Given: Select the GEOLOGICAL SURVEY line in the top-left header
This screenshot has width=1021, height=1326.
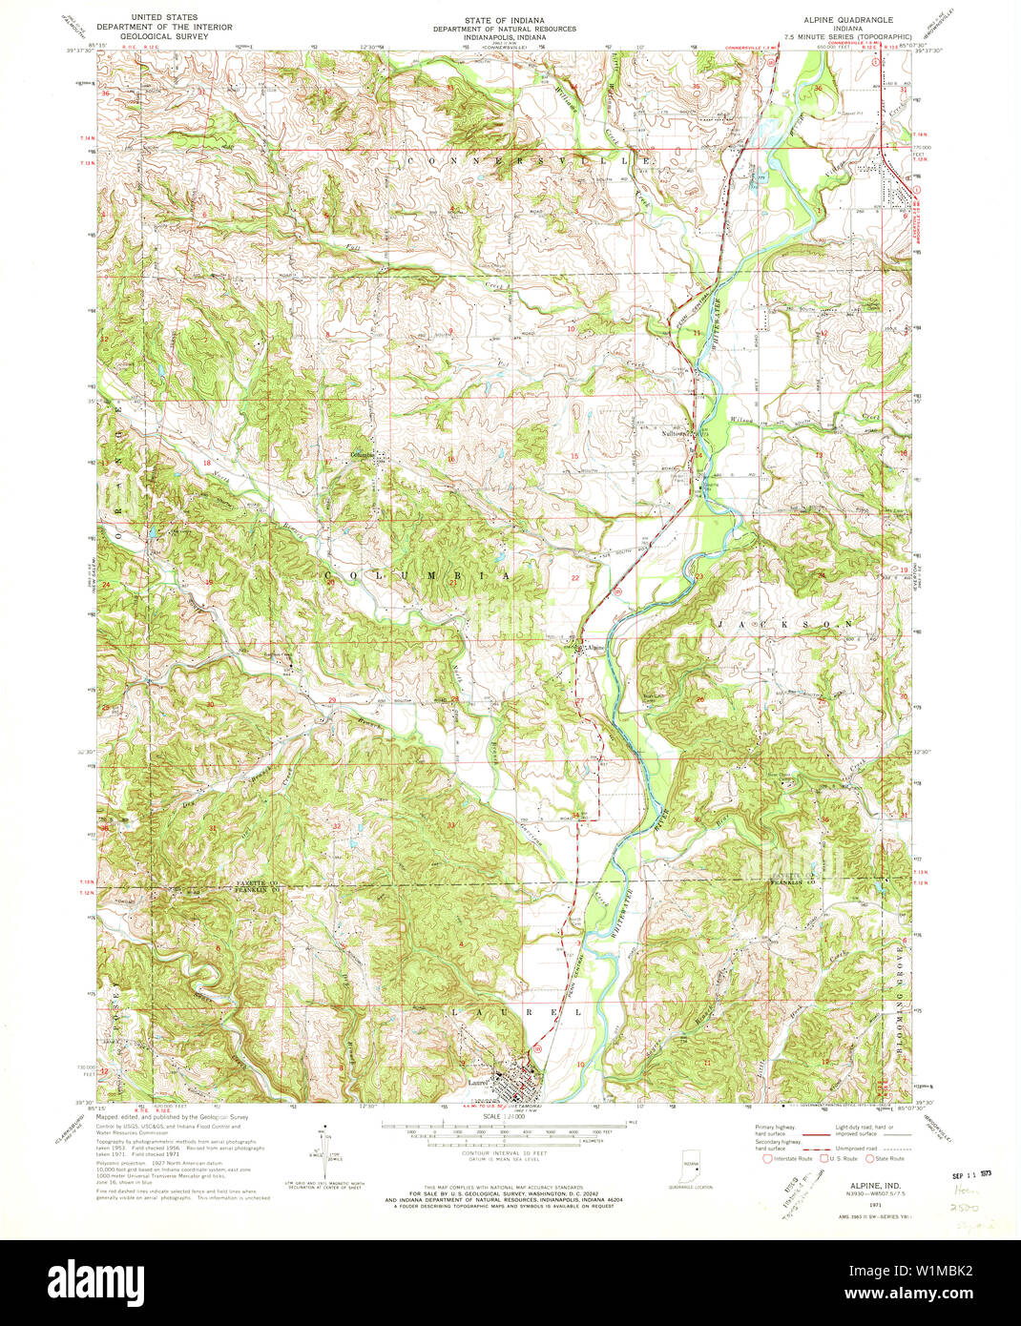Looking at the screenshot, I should (x=170, y=36).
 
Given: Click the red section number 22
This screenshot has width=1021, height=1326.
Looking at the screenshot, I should (x=574, y=578).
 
